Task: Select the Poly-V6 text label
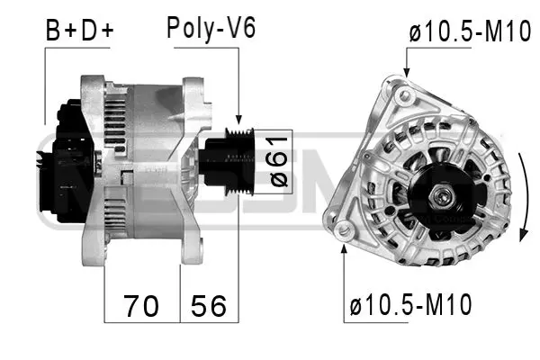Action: [x=211, y=28]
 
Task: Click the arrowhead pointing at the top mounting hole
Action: [x=406, y=76]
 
